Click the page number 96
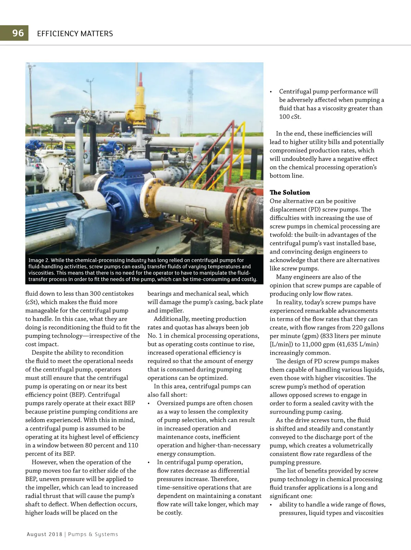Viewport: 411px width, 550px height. [18, 33]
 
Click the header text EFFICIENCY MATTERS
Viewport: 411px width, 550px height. [75, 34]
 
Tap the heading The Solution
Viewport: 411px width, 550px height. [289, 192]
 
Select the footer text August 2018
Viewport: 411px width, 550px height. [45, 534]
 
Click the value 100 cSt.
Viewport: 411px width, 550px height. [290, 117]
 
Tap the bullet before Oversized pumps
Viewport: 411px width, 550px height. [149, 403]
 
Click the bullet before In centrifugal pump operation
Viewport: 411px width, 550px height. [149, 462]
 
